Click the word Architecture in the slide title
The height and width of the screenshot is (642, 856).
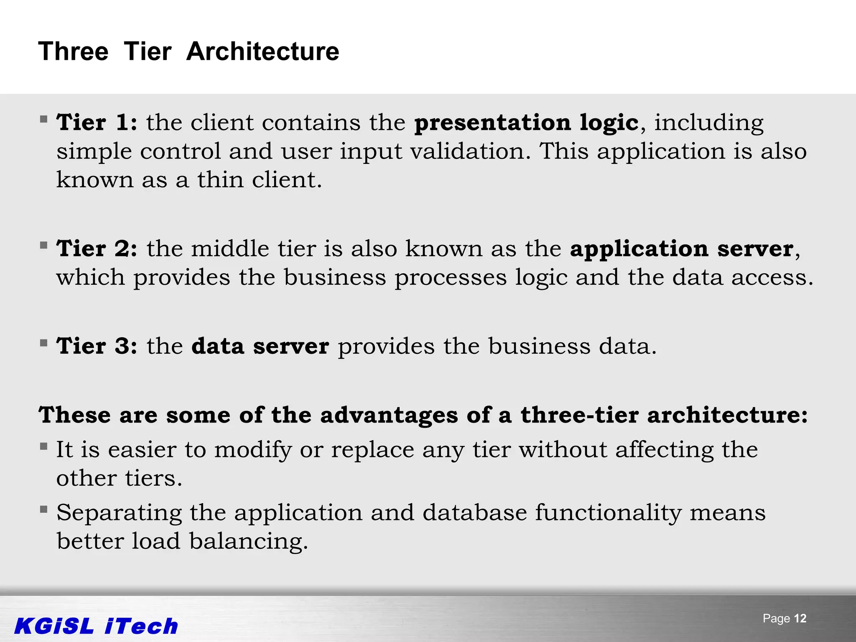tap(262, 52)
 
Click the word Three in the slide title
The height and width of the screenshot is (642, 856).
tap(73, 52)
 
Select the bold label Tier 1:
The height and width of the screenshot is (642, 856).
tap(97, 123)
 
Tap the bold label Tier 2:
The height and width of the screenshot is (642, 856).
tap(97, 249)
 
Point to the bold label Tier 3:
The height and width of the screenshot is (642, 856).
tap(97, 346)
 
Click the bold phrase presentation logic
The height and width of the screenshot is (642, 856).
tap(526, 123)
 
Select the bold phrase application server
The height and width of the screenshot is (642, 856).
tap(682, 249)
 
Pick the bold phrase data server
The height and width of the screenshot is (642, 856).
tap(260, 346)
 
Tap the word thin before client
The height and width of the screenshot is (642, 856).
tap(220, 180)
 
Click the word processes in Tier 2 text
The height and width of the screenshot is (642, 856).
tap(450, 278)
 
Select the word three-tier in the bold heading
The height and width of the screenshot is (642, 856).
tap(579, 415)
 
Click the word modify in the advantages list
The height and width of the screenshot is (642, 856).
tap(253, 450)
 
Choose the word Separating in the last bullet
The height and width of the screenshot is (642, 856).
tap(119, 513)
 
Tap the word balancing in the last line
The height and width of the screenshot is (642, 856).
tap(248, 541)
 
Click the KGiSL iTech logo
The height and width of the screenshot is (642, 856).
tap(96, 626)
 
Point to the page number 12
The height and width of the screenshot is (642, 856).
tap(800, 619)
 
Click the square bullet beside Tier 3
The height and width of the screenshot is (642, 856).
tap(43, 343)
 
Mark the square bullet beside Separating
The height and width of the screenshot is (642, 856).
tap(43, 509)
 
